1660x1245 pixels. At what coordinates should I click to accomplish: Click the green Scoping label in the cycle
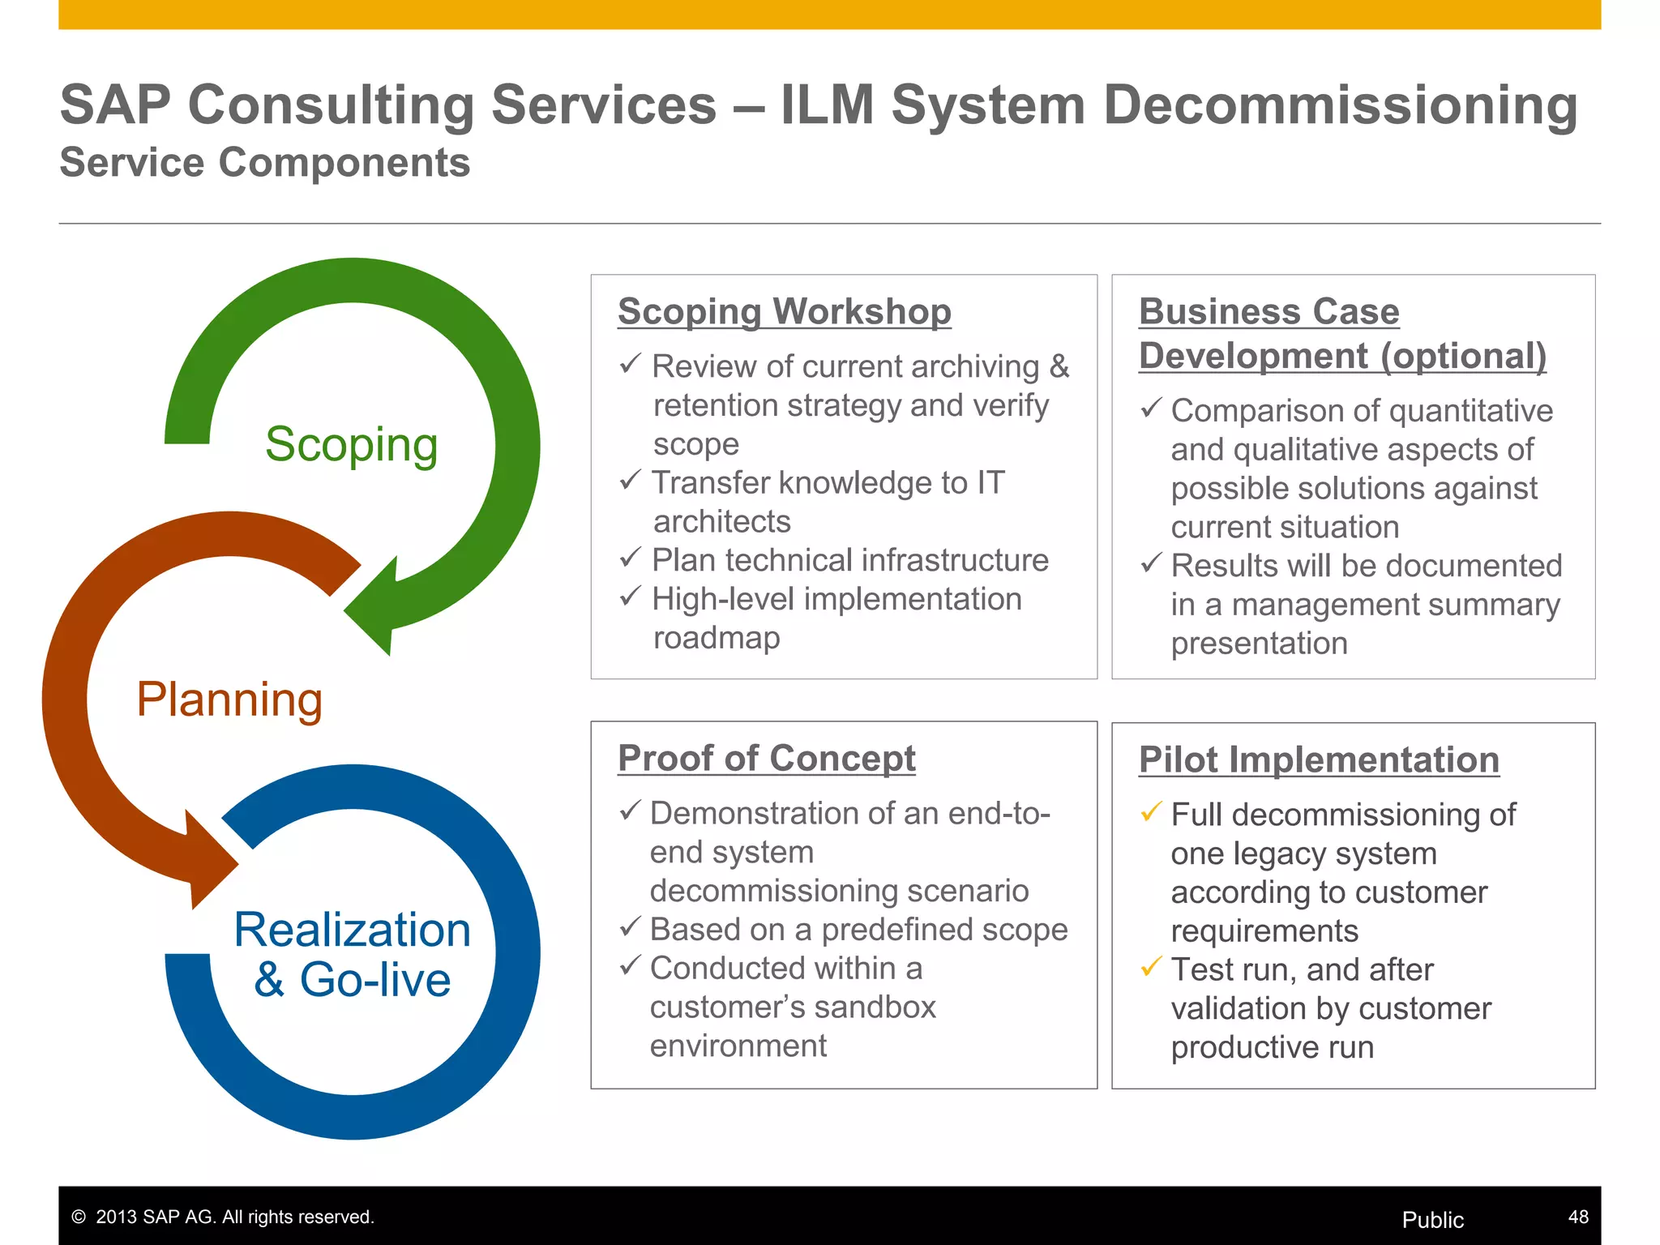click(x=351, y=445)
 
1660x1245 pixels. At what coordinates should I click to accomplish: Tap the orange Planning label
click(x=229, y=700)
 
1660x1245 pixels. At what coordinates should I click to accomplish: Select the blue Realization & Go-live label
click(x=352, y=954)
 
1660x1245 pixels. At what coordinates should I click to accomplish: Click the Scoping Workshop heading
click(x=784, y=311)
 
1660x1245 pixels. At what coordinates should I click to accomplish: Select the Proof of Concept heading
click(x=766, y=759)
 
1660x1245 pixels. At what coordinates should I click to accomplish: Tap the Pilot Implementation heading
click(x=1319, y=760)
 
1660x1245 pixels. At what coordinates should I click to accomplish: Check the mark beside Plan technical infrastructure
click(x=631, y=558)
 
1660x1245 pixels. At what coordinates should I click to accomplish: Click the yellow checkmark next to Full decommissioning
click(x=1151, y=811)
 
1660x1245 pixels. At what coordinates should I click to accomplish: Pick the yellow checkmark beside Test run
click(x=1151, y=967)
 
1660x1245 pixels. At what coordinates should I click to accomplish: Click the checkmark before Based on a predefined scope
click(x=631, y=926)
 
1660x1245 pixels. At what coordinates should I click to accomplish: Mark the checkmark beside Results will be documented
click(x=1151, y=563)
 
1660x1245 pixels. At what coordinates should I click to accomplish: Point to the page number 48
click(x=1578, y=1217)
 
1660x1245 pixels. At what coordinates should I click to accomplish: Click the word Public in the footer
click(x=1432, y=1220)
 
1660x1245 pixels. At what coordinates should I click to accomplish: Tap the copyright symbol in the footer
click(x=79, y=1217)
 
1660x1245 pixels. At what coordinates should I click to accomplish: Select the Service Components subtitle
click(x=265, y=162)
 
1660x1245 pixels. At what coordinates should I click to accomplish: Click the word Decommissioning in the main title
click(x=1341, y=105)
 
